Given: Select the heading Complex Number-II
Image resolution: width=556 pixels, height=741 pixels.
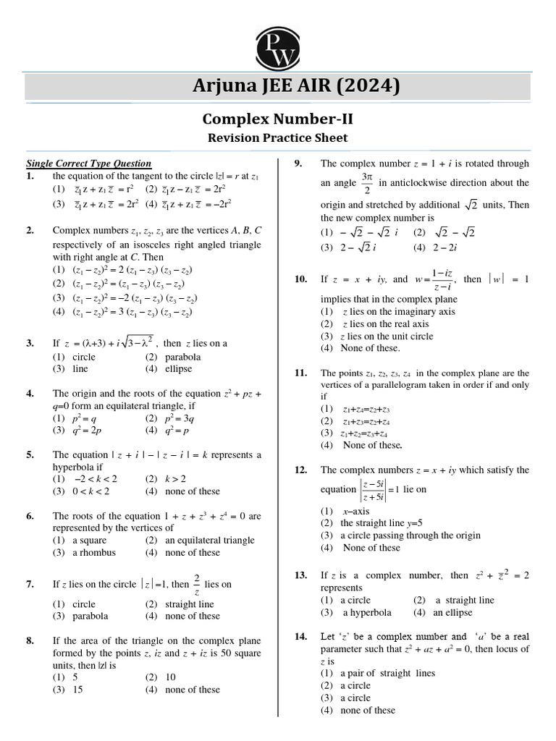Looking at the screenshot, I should click(x=277, y=118).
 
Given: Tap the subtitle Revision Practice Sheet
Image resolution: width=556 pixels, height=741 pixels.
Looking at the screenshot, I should click(x=277, y=137).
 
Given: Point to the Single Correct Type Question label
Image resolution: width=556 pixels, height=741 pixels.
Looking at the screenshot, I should click(x=89, y=164).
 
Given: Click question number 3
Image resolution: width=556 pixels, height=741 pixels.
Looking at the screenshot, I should click(x=30, y=344).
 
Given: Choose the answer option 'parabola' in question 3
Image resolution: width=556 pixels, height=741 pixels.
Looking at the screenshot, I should click(x=182, y=357).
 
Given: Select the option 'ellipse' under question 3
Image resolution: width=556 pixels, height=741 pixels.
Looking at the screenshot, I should click(x=178, y=368).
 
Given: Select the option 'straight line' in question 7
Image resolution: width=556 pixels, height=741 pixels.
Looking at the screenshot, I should click(x=189, y=604).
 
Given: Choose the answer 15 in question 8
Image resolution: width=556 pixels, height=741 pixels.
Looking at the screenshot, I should click(x=78, y=690).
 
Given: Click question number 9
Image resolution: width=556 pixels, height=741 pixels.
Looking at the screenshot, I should click(x=298, y=164).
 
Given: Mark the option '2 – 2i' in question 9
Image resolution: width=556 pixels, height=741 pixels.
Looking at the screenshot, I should click(x=434, y=247).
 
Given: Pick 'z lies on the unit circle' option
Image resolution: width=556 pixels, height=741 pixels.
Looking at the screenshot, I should click(x=387, y=336).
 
